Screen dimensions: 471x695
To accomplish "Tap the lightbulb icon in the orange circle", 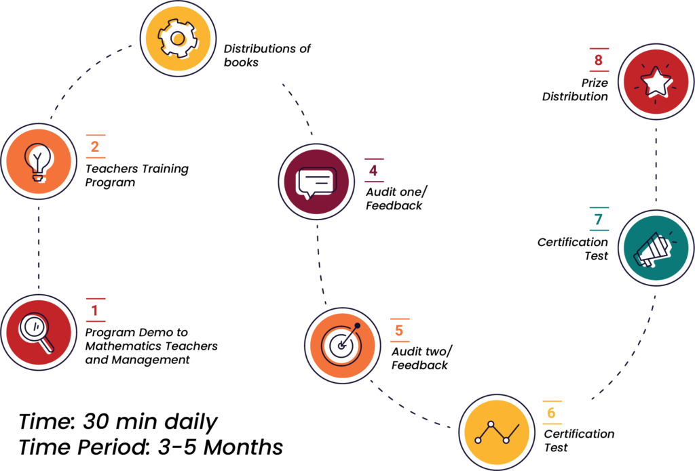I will tap(39, 162).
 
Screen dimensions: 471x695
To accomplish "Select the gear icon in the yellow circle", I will tap(178, 39).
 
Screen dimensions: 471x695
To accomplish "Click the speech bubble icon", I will tap(316, 182).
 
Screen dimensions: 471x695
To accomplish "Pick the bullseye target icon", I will tap(341, 345).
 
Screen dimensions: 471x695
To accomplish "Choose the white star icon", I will tap(656, 82).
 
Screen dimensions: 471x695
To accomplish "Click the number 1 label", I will tap(95, 310).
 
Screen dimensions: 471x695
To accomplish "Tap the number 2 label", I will tap(95, 146).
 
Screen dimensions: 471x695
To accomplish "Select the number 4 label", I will tap(373, 170).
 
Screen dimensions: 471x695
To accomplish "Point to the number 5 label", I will tap(399, 331).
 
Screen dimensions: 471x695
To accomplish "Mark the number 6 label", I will tap(551, 413).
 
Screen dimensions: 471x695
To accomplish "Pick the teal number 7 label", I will tap(598, 220).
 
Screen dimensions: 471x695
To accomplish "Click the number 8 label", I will tap(598, 60).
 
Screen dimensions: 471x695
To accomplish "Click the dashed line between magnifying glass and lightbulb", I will tap(39, 247).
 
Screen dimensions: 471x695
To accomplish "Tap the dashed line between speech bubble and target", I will tap(319, 264).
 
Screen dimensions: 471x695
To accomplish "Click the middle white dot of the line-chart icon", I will tap(491, 424).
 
